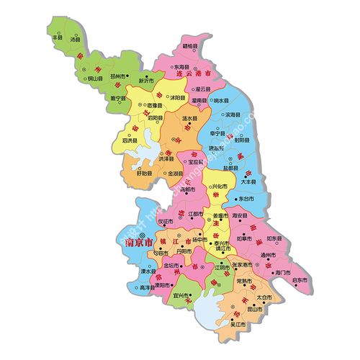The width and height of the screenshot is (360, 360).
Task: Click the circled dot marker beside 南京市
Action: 143,235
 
